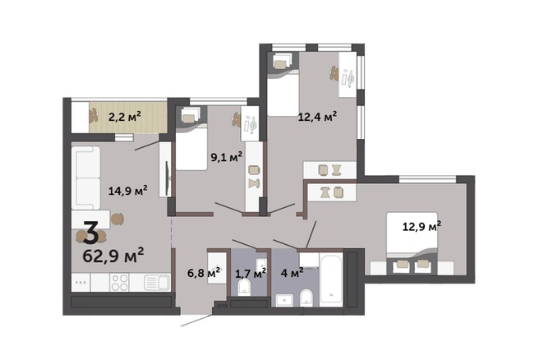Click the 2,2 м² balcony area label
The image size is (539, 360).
125,117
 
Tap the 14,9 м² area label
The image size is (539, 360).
128,190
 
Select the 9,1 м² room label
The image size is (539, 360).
227,157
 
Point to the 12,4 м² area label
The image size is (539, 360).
317,117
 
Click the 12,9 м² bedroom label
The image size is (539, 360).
422,226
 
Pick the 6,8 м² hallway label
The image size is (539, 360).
204,274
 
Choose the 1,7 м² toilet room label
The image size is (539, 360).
251,274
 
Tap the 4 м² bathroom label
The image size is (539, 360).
292,274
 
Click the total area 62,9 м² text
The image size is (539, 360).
113,255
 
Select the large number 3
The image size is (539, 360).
91,233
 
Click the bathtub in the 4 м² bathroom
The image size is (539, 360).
331,279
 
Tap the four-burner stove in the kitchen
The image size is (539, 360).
119,283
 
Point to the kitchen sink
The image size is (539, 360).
157,283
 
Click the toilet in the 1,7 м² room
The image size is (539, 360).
244,287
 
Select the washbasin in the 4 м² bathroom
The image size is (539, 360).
284,300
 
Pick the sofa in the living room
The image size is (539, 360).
86,178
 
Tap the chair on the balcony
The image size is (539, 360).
93,116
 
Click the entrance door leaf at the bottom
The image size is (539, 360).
197,320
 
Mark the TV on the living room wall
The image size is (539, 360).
168,178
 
